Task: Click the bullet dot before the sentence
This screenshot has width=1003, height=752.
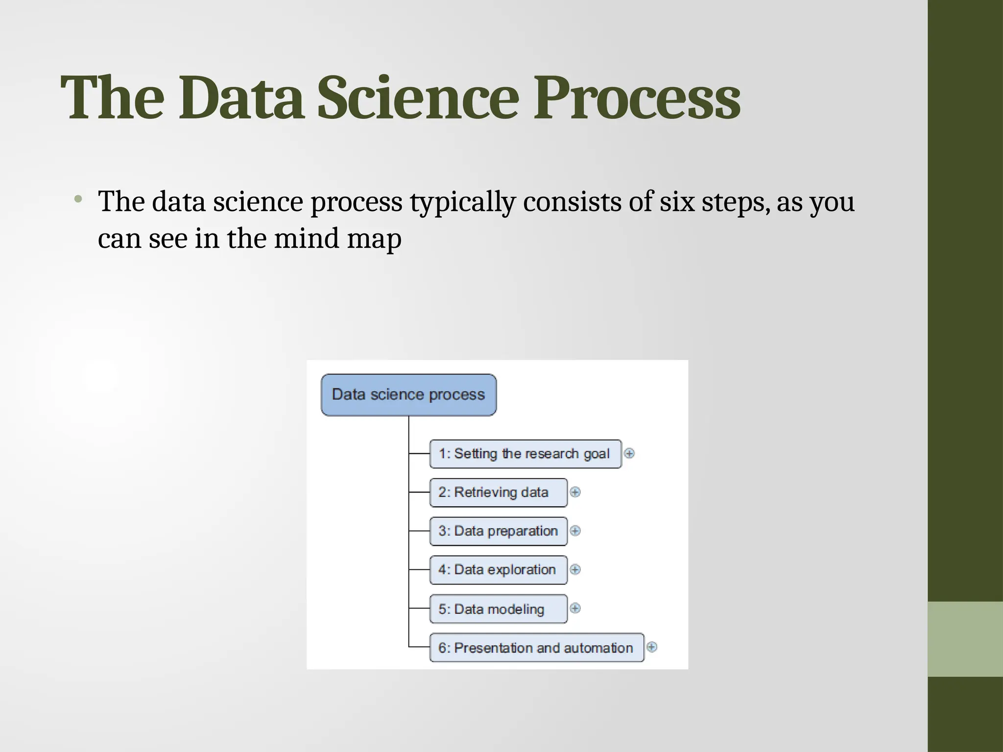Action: (x=77, y=199)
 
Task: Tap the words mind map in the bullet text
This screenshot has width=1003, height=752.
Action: (x=337, y=239)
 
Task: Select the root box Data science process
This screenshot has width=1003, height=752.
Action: (x=408, y=395)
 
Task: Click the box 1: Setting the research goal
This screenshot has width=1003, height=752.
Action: (x=525, y=454)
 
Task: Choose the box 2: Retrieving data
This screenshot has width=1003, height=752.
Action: (x=498, y=493)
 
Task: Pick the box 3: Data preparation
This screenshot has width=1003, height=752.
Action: (x=498, y=531)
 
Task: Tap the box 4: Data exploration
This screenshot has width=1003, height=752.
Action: (x=498, y=570)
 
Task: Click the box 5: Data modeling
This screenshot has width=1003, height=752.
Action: (x=498, y=609)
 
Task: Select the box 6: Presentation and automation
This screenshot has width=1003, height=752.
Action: (x=536, y=648)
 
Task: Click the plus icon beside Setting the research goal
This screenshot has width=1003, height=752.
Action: (x=629, y=453)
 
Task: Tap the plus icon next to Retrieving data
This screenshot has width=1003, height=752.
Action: (x=575, y=492)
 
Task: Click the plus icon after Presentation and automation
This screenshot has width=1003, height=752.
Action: (x=651, y=647)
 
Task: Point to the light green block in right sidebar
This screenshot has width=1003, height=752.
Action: (x=965, y=639)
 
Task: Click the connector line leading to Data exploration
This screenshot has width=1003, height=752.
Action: (x=419, y=570)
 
